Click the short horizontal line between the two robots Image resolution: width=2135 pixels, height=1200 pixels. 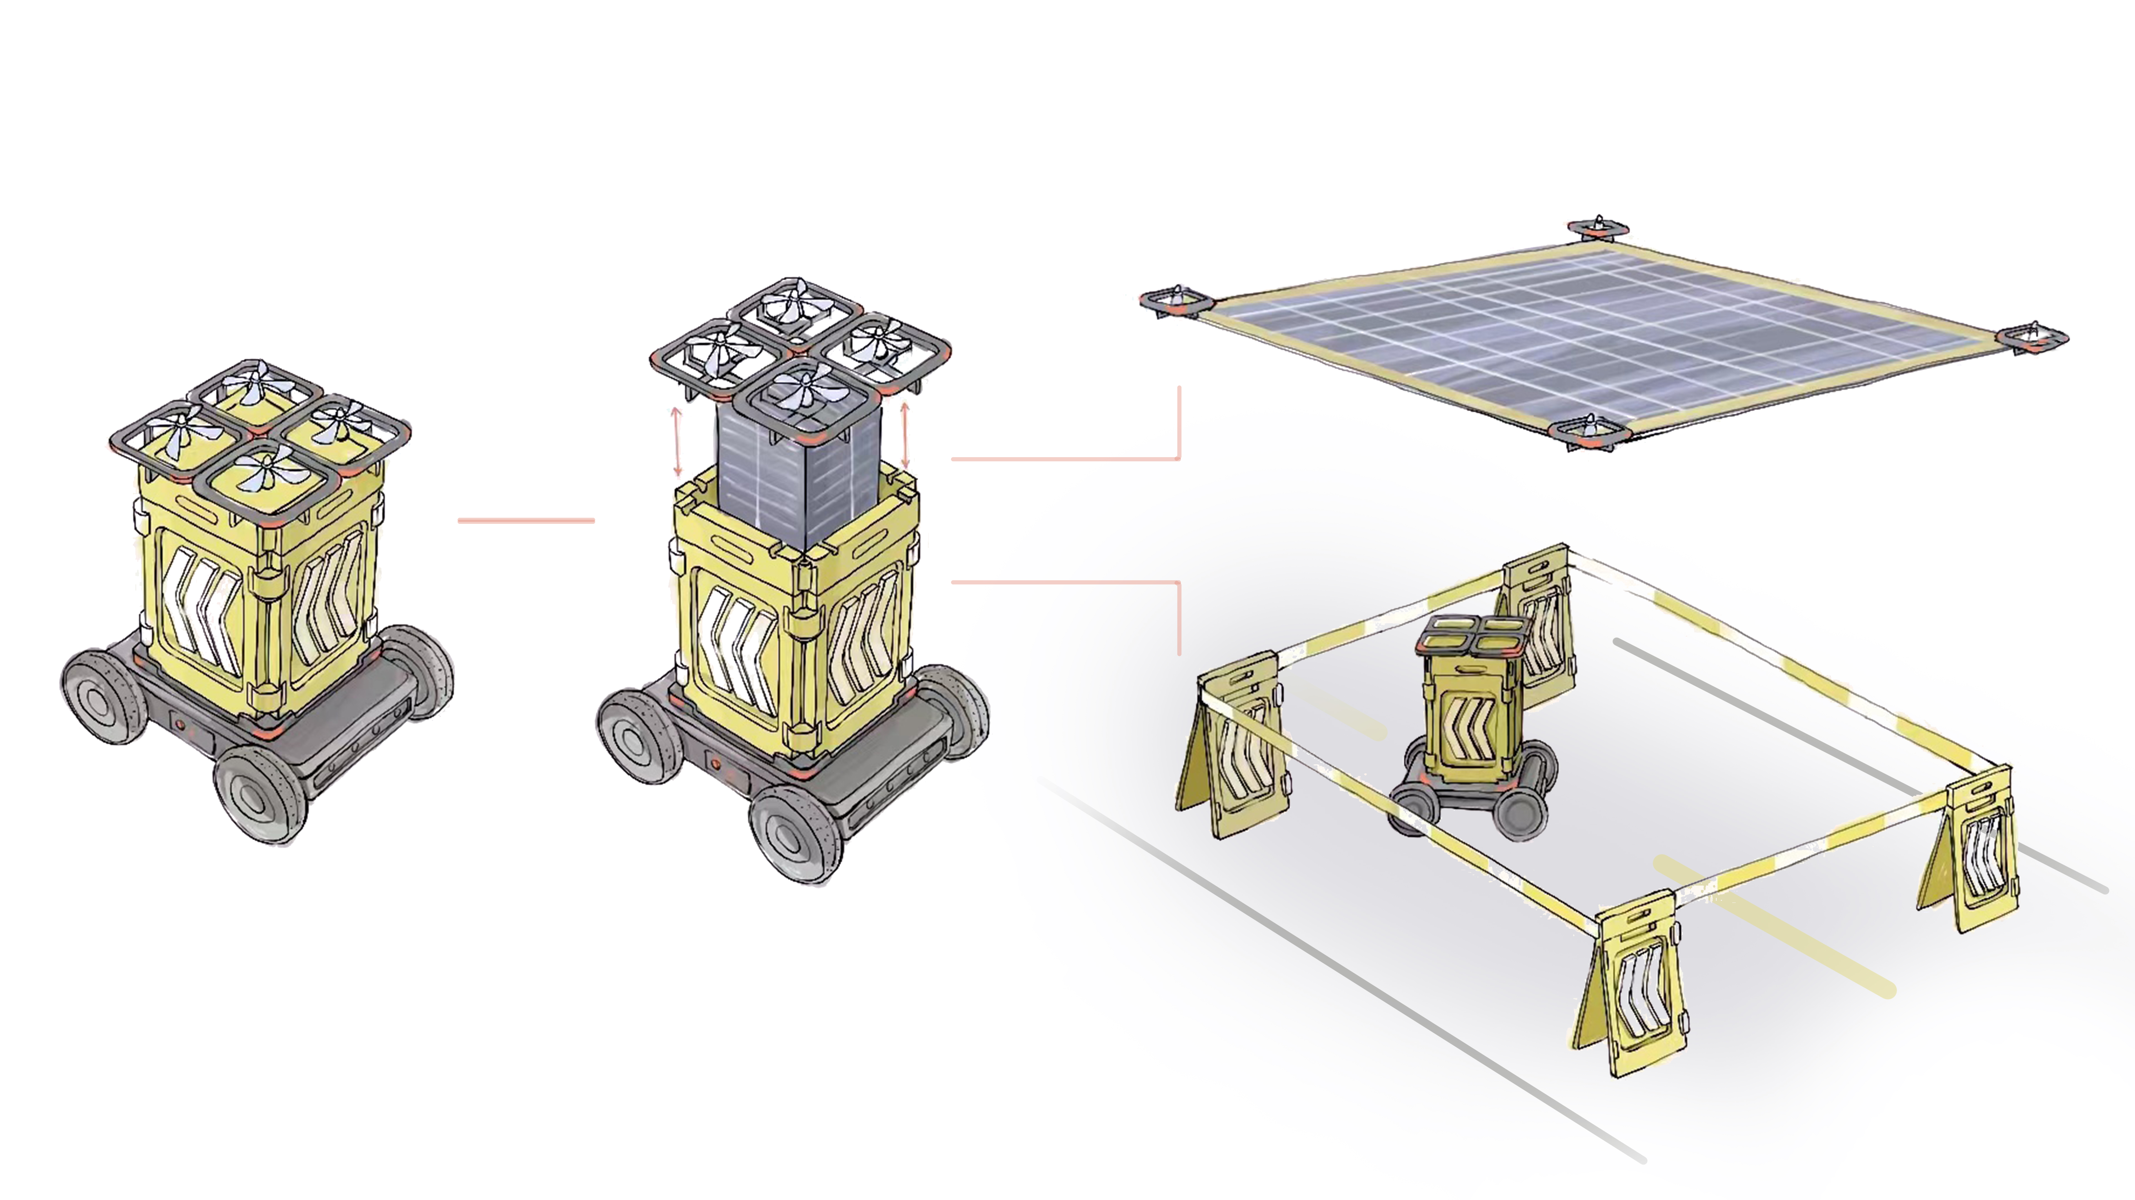pyautogui.click(x=526, y=521)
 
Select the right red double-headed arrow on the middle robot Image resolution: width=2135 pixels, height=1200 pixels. pyautogui.click(x=905, y=434)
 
